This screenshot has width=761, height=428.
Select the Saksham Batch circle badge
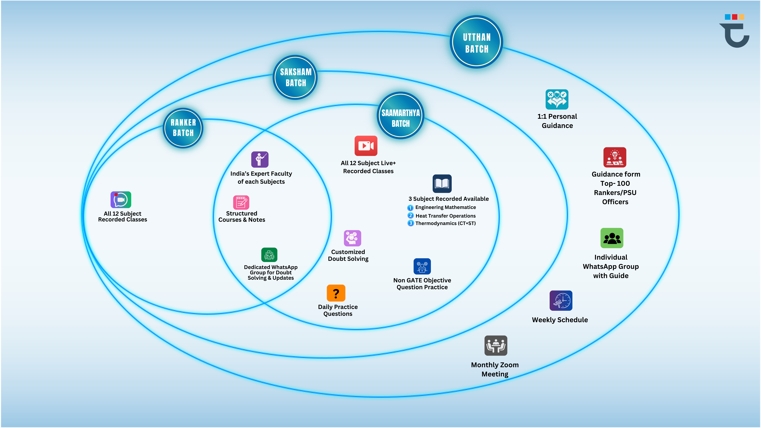[295, 77]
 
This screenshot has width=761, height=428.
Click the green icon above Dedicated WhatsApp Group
[269, 255]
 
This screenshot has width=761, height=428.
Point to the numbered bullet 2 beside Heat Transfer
[410, 216]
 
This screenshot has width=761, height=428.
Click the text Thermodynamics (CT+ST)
[445, 223]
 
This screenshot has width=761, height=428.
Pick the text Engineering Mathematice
[445, 207]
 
